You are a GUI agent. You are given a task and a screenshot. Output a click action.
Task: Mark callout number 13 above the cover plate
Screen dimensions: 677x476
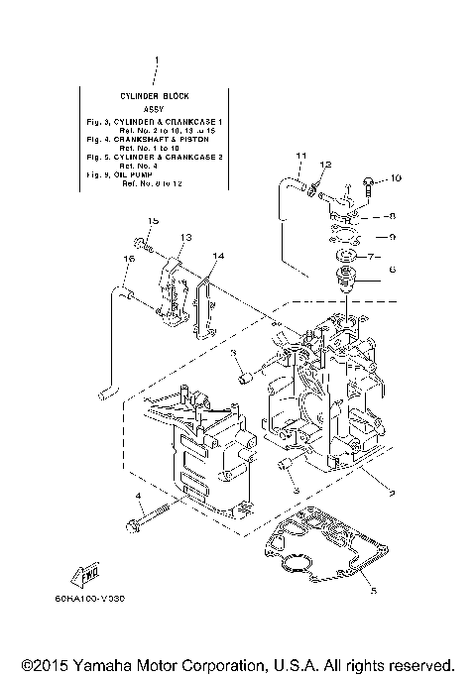[x=183, y=238]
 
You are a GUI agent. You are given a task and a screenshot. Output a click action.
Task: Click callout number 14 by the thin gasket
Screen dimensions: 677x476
[x=218, y=256]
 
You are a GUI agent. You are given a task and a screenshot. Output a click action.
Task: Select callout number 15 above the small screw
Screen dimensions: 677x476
[x=154, y=220]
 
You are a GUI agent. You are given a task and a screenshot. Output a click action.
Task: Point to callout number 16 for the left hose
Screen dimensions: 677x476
[x=128, y=259]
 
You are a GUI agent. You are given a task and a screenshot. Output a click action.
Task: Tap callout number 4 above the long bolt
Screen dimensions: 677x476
[x=139, y=495]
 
